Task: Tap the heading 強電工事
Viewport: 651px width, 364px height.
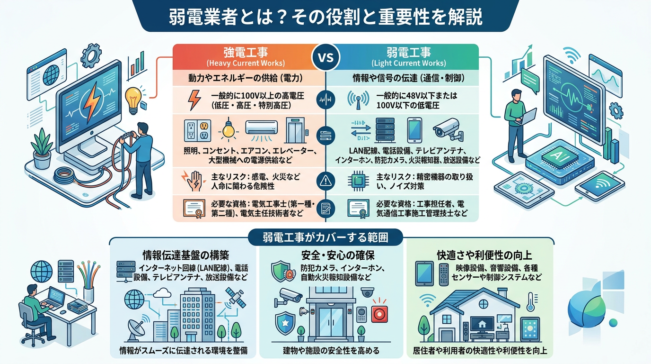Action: [245, 53]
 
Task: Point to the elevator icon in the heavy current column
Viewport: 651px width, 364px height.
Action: [297, 130]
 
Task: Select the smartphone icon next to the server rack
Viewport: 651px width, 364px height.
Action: [414, 129]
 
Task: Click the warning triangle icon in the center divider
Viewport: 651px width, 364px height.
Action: [326, 180]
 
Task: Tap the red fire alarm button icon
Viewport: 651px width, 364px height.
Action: [380, 313]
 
